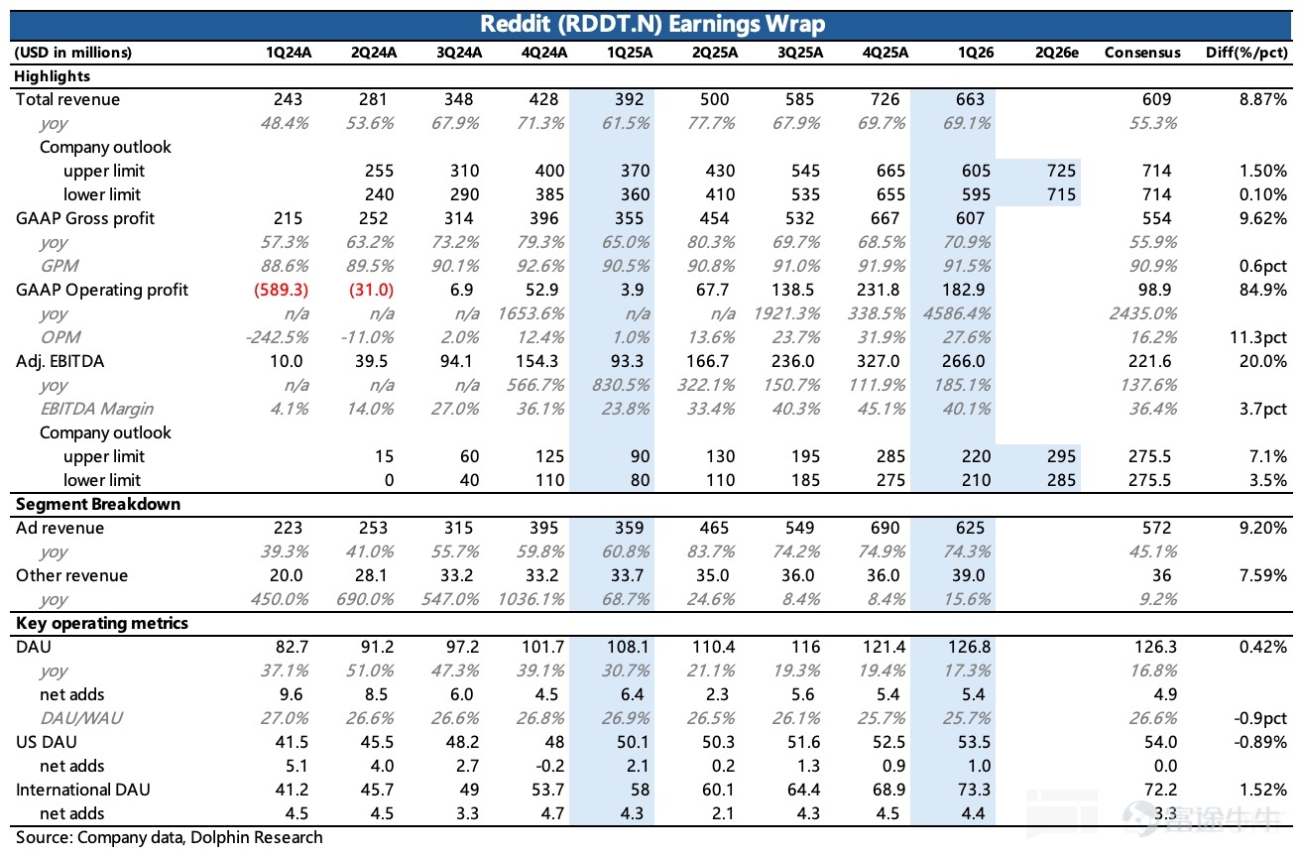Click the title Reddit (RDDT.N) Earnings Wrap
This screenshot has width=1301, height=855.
click(x=652, y=25)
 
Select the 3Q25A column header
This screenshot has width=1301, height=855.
click(x=800, y=53)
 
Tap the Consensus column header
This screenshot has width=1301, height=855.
click(x=1142, y=53)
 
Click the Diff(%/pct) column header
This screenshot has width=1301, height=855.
click(x=1246, y=53)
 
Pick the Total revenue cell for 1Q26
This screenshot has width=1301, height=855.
click(x=970, y=99)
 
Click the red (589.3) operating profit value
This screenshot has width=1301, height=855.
click(x=281, y=290)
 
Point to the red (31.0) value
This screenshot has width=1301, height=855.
click(x=371, y=290)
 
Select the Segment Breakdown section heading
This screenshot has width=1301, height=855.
click(x=98, y=504)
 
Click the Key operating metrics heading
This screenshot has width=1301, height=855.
click(x=102, y=623)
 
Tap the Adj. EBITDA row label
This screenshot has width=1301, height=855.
click(x=59, y=361)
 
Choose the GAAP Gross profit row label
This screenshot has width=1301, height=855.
click(x=85, y=218)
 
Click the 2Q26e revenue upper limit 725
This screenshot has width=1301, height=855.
click(x=1061, y=171)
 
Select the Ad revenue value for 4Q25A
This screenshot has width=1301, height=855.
click(x=885, y=528)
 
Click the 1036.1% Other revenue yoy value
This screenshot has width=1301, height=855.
click(x=531, y=599)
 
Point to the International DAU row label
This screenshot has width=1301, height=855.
click(x=83, y=790)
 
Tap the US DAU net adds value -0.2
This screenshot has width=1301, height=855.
click(x=549, y=766)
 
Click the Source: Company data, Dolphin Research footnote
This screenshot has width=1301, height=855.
click(x=169, y=837)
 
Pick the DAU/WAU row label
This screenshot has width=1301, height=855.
click(x=81, y=718)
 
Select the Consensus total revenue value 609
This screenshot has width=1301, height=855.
click(x=1156, y=99)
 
